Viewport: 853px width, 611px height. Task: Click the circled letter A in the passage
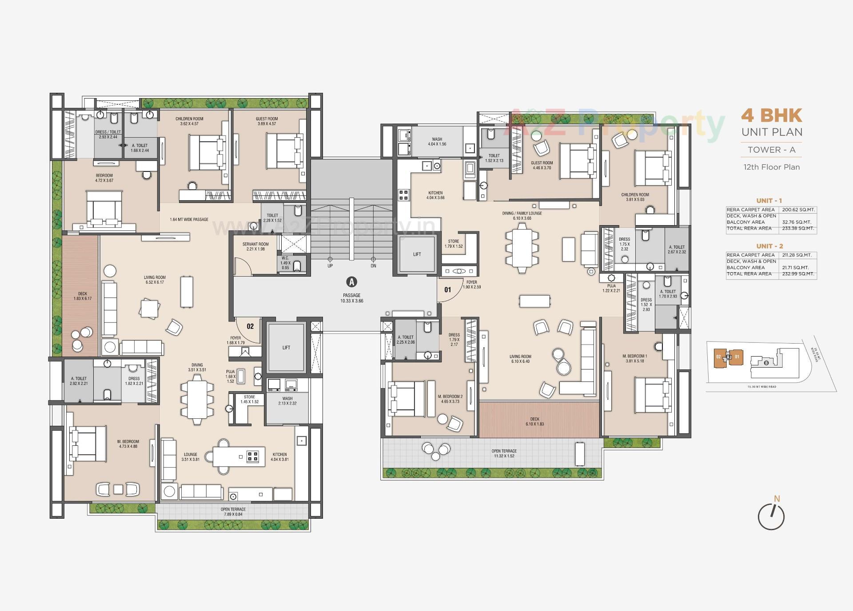(351, 282)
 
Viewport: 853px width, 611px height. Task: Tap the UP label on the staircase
(330, 266)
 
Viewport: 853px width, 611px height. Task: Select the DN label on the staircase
(373, 266)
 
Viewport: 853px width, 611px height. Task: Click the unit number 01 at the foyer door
(447, 290)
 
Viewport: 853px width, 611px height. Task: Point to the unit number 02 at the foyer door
(250, 326)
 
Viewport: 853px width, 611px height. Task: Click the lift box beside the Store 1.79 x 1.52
(417, 254)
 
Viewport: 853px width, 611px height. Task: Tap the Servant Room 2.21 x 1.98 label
(255, 246)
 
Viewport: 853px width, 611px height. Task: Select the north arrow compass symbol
(771, 516)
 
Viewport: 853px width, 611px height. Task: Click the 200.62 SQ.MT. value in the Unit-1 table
(796, 210)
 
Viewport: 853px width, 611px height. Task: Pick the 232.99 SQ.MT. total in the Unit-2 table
(798, 274)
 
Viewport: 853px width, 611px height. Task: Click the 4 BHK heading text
(771, 115)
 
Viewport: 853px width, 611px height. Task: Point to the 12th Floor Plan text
(771, 167)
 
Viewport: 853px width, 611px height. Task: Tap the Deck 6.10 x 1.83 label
(534, 421)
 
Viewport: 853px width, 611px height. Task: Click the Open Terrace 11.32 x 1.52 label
(504, 453)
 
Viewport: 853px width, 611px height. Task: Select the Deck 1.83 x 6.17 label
(83, 296)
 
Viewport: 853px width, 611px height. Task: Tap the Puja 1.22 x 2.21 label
(611, 288)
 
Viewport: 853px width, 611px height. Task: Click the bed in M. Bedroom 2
(402, 399)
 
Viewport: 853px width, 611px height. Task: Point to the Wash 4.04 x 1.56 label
(437, 142)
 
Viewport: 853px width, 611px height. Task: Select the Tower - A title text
(771, 150)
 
